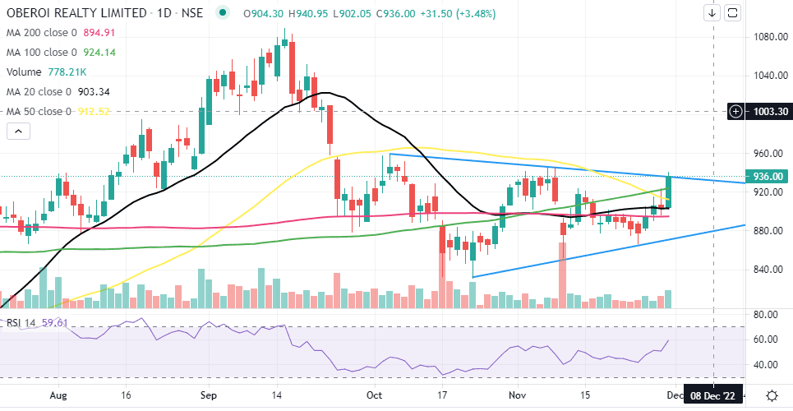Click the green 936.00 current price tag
pyautogui.click(x=766, y=175)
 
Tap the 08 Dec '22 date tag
pyautogui.click(x=713, y=395)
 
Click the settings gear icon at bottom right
pyautogui.click(x=772, y=395)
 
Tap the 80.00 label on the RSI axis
pyautogui.click(x=766, y=315)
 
